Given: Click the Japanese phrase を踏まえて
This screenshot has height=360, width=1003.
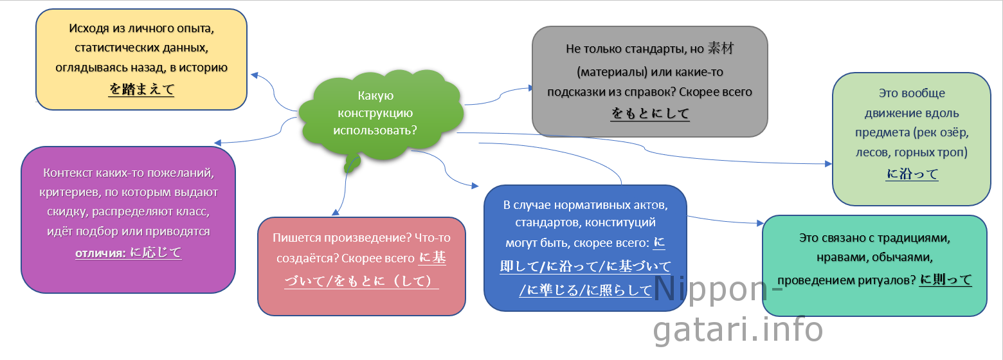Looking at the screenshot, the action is [x=141, y=89].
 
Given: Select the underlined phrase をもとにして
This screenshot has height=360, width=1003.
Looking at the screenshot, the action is [x=650, y=113].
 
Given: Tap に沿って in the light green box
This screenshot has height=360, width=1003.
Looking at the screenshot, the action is [x=912, y=174].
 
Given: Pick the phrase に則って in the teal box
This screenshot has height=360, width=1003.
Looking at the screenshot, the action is [x=946, y=280].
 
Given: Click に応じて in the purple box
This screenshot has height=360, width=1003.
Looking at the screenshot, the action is [x=156, y=253].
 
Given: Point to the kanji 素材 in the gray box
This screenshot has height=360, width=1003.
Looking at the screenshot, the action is [x=721, y=48].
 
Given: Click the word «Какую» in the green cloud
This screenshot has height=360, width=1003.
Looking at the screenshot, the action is [x=375, y=95].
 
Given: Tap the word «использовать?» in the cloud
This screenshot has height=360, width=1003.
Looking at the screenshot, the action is [x=375, y=130].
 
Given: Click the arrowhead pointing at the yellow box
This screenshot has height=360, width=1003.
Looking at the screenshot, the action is [x=255, y=75].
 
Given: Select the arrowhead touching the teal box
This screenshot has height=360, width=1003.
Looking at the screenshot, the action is [x=760, y=222].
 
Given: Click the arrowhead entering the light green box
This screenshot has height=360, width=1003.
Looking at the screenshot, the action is [x=828, y=164].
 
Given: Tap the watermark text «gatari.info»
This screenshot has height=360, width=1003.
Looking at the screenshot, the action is [x=738, y=329].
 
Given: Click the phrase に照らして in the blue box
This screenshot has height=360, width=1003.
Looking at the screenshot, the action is [x=619, y=290].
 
